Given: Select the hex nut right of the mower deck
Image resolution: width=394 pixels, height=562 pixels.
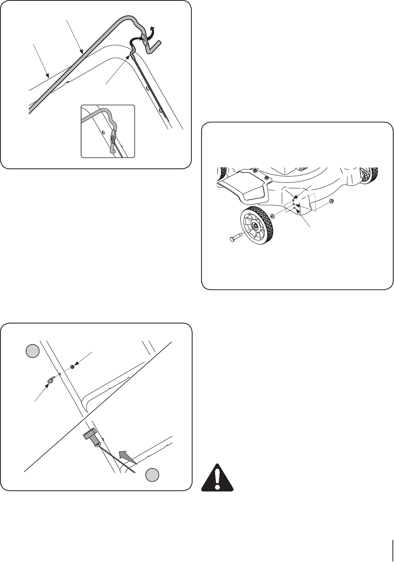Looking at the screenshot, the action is point(331,201).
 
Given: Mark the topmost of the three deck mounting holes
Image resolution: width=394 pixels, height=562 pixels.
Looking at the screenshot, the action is point(293,200).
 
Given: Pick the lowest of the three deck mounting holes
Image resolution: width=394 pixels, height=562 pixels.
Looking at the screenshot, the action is point(293,208).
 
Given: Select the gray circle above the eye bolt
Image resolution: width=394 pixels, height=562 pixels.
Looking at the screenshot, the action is point(32,351).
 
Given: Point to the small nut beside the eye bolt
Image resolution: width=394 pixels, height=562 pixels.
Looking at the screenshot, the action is point(72,367).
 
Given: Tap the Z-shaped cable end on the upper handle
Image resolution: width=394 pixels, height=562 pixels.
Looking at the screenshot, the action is point(133,48).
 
